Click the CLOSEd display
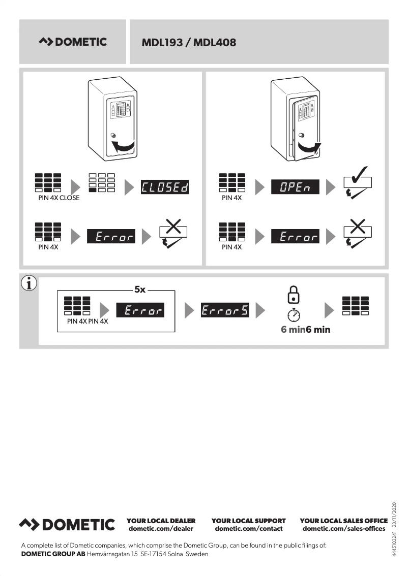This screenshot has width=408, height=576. pyautogui.click(x=164, y=187)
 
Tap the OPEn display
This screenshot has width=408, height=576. pyautogui.click(x=295, y=187)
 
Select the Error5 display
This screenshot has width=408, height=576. pyautogui.click(x=225, y=310)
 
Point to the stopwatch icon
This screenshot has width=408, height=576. pyautogui.click(x=294, y=315)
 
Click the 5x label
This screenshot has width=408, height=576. pyautogui.click(x=140, y=290)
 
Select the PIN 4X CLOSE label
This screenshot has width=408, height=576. pyautogui.click(x=59, y=198)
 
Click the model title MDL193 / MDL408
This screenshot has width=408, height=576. pyautogui.click(x=189, y=43)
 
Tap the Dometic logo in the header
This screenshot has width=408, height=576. pyautogui.click(x=73, y=42)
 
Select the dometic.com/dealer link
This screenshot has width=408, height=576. pyautogui.click(x=161, y=529)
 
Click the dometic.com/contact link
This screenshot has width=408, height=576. pyautogui.click(x=249, y=529)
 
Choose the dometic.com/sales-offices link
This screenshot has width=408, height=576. pyautogui.click(x=344, y=529)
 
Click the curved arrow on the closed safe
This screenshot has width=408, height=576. pyautogui.click(x=124, y=147)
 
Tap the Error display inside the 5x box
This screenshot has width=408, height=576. pyautogui.click(x=140, y=310)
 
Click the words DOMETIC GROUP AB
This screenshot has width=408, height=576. pyautogui.click(x=53, y=554)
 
